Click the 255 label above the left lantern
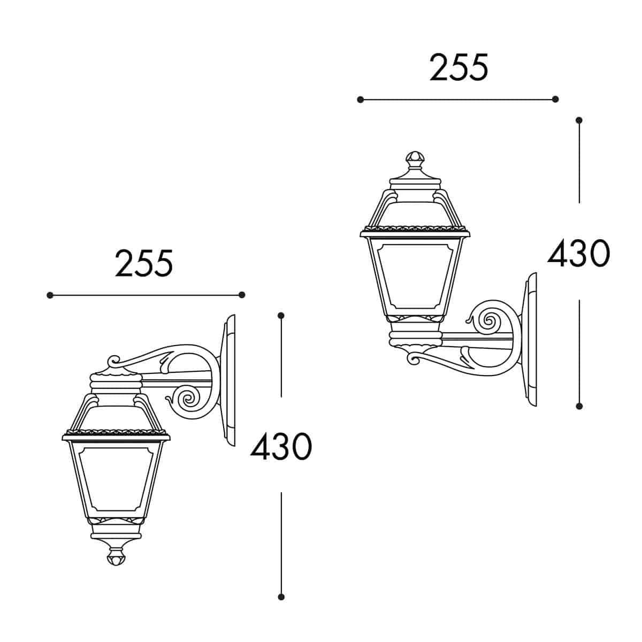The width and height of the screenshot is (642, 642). pos(144,263)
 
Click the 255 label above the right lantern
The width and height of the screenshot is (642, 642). pos(459,68)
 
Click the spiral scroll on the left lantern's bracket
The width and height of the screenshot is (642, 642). pos(188,399)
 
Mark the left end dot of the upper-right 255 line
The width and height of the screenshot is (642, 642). pos(361,100)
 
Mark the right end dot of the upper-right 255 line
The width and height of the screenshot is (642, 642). pos(555,100)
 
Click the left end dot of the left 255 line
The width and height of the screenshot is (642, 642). pos(50,295)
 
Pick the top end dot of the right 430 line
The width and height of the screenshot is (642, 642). pos(579,120)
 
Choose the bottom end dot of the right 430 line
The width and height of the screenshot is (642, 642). pos(579,407)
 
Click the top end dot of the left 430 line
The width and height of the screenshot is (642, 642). pos(281,316)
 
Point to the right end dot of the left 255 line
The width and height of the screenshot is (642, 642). pos(242,295)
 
